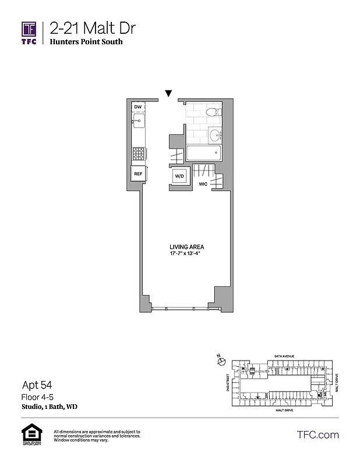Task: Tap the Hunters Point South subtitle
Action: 86,43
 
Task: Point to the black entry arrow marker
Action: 168,93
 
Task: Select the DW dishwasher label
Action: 138,107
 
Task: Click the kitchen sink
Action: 139,121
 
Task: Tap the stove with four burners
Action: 139,153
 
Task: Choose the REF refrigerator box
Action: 138,174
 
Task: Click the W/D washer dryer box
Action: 179,176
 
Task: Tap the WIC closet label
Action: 203,184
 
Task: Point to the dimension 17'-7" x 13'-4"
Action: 186,254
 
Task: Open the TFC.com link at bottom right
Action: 318,435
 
